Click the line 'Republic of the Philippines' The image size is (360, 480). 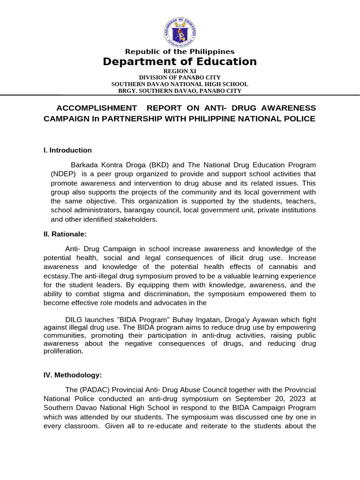click(x=180, y=52)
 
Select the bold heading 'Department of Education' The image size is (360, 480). click(x=180, y=62)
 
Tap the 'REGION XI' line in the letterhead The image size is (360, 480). click(x=180, y=71)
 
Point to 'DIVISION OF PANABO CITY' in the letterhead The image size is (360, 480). click(x=180, y=77)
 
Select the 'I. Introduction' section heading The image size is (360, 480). click(x=67, y=150)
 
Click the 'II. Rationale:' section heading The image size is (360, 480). click(x=65, y=234)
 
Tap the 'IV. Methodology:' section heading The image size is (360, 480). click(x=73, y=375)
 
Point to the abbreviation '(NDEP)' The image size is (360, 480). click(x=63, y=174)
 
